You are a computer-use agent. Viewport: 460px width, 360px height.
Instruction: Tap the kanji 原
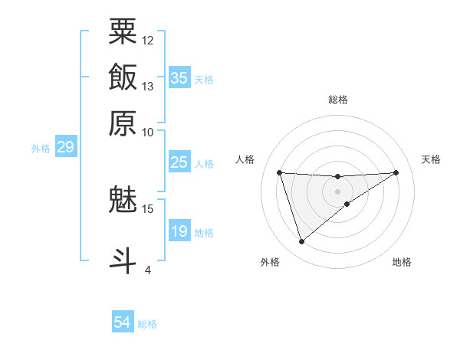pyautogui.click(x=123, y=122)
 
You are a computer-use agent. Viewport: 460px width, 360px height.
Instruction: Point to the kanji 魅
pyautogui.click(x=123, y=200)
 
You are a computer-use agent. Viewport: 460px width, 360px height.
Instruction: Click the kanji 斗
pyautogui.click(x=123, y=260)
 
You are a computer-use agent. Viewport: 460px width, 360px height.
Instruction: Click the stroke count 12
pyautogui.click(x=148, y=40)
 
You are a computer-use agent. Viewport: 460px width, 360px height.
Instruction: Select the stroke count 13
pyautogui.click(x=148, y=86)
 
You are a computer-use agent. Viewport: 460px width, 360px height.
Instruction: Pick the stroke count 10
pyautogui.click(x=148, y=131)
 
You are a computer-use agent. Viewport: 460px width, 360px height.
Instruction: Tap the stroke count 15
pyautogui.click(x=148, y=208)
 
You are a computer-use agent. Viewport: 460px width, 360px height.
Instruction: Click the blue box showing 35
pyautogui.click(x=179, y=78)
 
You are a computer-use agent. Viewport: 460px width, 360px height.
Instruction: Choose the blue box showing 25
pyautogui.click(x=179, y=162)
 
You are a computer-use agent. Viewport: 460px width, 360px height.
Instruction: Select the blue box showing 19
pyautogui.click(x=179, y=231)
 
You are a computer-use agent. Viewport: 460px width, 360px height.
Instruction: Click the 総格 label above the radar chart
pyautogui.click(x=338, y=100)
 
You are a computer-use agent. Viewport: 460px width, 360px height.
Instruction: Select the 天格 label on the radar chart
pyautogui.click(x=431, y=159)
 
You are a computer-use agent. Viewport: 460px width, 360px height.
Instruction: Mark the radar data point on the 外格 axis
pyautogui.click(x=301, y=242)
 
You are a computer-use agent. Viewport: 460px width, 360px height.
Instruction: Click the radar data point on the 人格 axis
pyautogui.click(x=280, y=172)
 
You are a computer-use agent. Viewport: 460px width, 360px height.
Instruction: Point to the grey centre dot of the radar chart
pyautogui.click(x=338, y=191)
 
